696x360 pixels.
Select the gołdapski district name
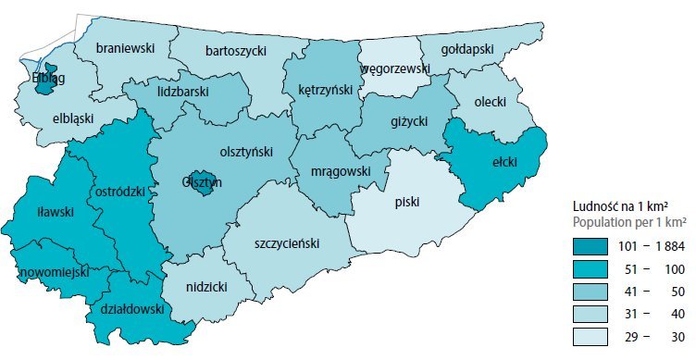pos(467,48)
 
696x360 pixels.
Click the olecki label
pos(490,101)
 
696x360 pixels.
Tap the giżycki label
pos(409,119)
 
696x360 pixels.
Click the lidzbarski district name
pos(183,93)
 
